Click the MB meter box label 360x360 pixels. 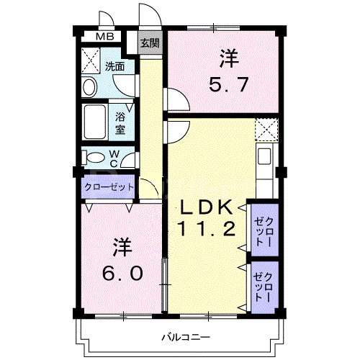pyautogui.click(x=105, y=37)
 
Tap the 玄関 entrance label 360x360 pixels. pyautogui.click(x=149, y=42)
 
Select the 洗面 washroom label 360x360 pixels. pyautogui.click(x=114, y=66)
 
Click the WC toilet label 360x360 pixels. pyautogui.click(x=114, y=157)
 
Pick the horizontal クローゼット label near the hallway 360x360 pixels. pyautogui.click(x=109, y=186)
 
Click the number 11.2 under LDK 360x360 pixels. pyautogui.click(x=206, y=230)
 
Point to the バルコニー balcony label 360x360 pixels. pyautogui.click(x=186, y=337)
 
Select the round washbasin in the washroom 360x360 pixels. pyautogui.click(x=89, y=87)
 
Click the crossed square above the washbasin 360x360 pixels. pyautogui.click(x=90, y=59)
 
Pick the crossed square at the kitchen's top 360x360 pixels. pyautogui.click(x=266, y=130)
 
